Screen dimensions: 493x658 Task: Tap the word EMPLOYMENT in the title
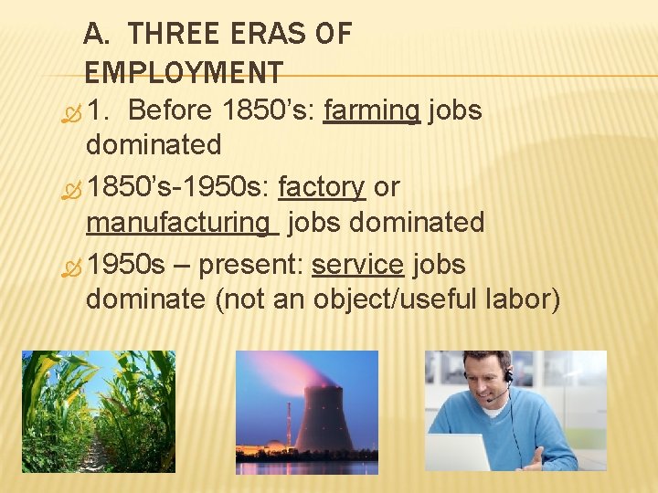pos(184,72)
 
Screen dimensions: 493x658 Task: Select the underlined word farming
pos(372,111)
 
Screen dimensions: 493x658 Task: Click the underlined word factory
pos(322,187)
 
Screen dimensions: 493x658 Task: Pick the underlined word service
pos(357,265)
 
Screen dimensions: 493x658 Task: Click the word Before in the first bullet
pos(171,111)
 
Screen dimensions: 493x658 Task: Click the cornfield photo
pos(99,411)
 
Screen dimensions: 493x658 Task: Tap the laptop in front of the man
pos(460,452)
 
